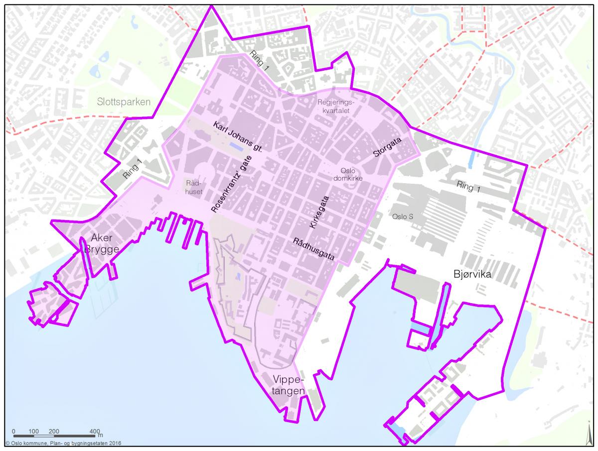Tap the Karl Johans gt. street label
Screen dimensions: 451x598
237,136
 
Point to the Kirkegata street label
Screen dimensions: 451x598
319,210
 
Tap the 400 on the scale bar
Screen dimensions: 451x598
95,431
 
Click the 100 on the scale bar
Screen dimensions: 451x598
34,431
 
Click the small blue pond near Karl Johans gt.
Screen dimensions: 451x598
237,146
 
